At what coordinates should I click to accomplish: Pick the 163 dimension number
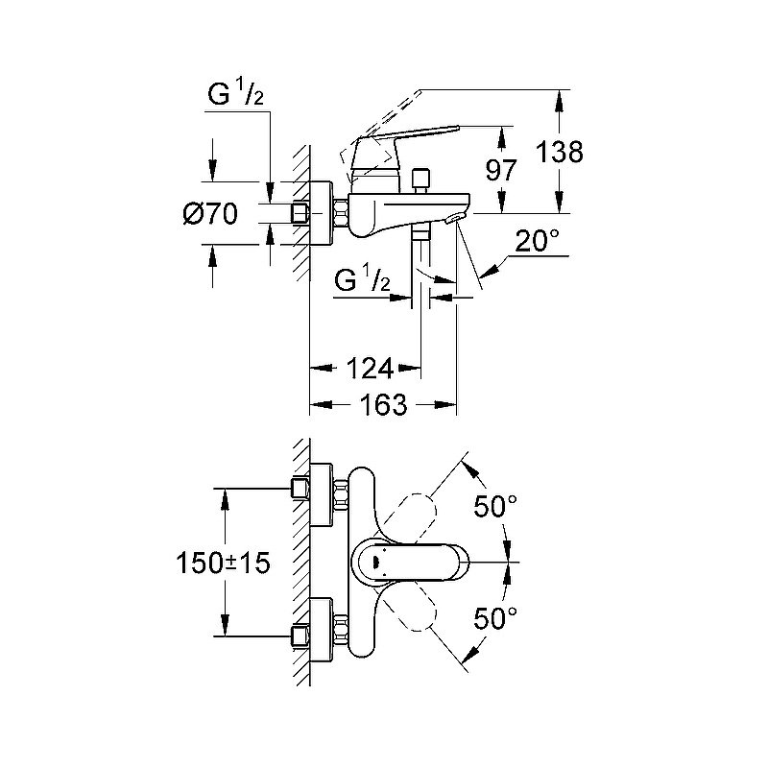pos(385,405)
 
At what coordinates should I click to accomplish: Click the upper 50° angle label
pos(495,507)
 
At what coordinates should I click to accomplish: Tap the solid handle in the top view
pos(409,561)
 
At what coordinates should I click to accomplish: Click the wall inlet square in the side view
pos(301,213)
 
